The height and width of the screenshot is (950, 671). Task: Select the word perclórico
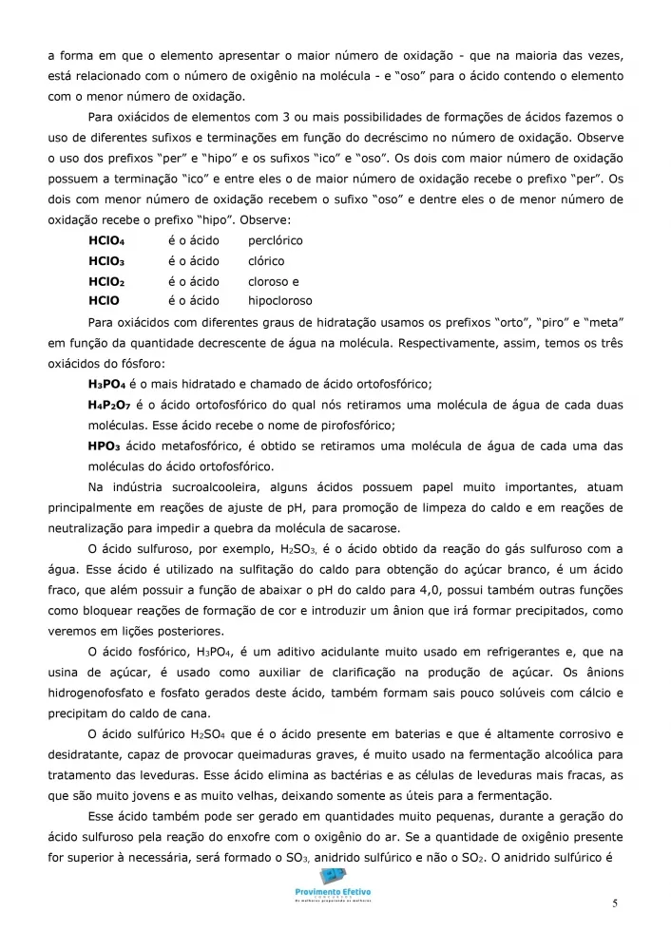[276, 240]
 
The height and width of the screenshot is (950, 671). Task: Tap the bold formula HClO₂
[106, 281]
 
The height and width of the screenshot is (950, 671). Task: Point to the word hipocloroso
[279, 301]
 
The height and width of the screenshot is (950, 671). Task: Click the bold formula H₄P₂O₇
[111, 404]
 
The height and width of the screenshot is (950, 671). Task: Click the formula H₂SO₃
[322, 549]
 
